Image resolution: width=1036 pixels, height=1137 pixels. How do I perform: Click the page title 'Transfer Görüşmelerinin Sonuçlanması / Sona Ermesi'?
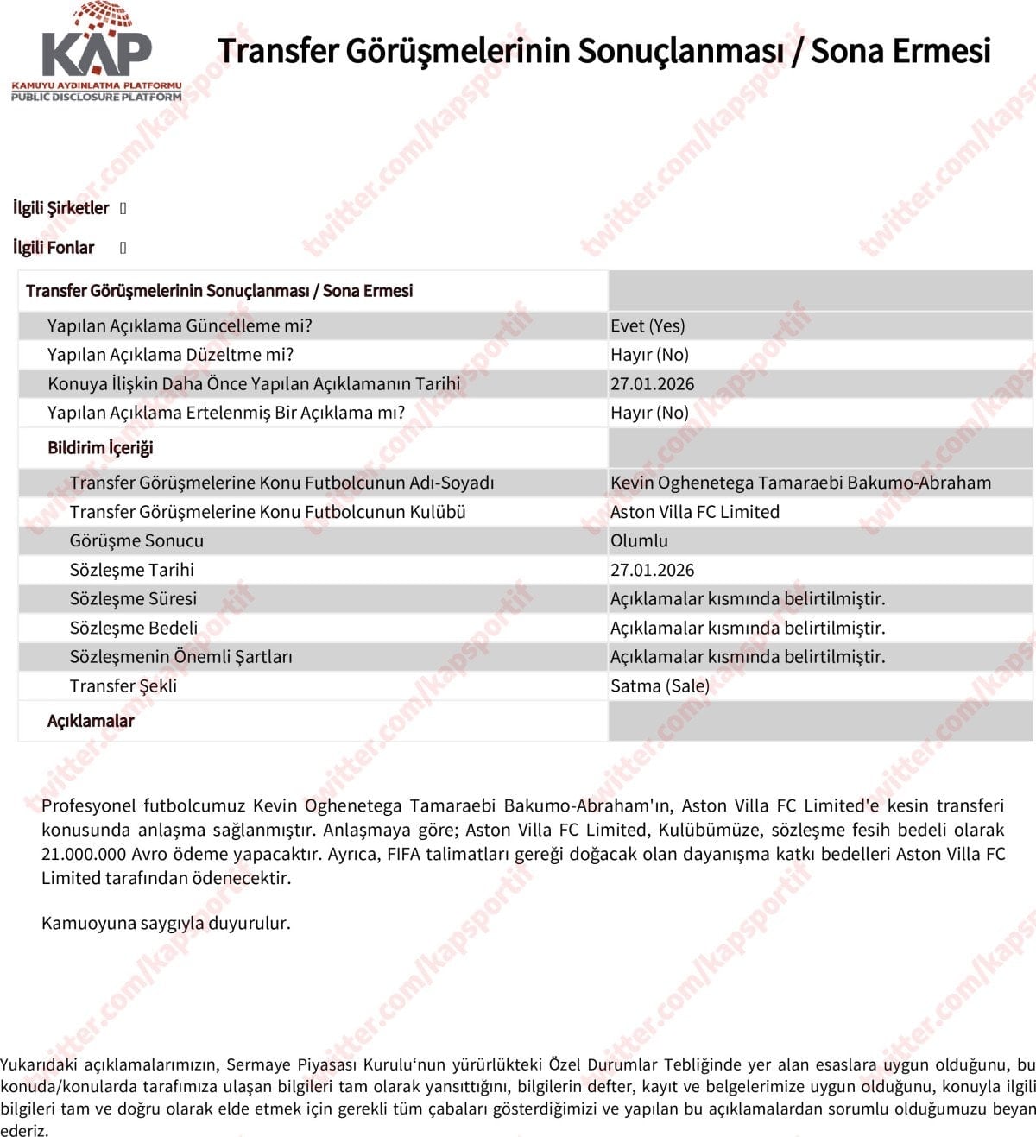click(x=603, y=51)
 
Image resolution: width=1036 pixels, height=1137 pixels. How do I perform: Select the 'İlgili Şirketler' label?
click(x=61, y=208)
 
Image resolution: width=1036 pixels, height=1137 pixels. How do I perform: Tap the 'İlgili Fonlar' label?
click(x=54, y=248)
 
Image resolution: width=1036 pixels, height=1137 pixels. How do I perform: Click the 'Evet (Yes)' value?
click(x=647, y=326)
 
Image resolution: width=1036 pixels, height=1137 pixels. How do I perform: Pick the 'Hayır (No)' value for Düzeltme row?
click(x=649, y=355)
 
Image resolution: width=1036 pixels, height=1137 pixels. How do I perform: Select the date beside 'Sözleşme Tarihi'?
click(x=652, y=570)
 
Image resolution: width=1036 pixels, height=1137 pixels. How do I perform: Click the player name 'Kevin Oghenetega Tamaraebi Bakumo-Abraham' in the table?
click(x=800, y=483)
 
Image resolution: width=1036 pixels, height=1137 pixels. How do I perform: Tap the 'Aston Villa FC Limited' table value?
click(x=694, y=512)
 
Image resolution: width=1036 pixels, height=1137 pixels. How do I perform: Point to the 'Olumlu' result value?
click(x=639, y=541)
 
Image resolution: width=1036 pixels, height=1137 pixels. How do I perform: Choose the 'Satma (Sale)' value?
click(x=660, y=686)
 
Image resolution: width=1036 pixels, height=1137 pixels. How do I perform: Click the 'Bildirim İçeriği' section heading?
click(x=100, y=448)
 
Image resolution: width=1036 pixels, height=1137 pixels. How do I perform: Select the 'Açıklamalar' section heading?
click(x=91, y=721)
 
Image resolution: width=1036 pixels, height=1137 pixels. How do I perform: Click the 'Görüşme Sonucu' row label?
click(x=136, y=541)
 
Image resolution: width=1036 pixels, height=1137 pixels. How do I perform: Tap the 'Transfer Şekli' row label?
click(x=123, y=686)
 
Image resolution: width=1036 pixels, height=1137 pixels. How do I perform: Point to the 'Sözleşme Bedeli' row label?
click(x=134, y=628)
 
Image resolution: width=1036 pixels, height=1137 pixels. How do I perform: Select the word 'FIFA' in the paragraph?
click(x=408, y=855)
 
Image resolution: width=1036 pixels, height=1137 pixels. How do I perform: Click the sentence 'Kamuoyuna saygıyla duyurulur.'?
click(x=166, y=923)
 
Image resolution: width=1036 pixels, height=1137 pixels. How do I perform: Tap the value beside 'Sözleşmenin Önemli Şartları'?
click(x=747, y=657)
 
